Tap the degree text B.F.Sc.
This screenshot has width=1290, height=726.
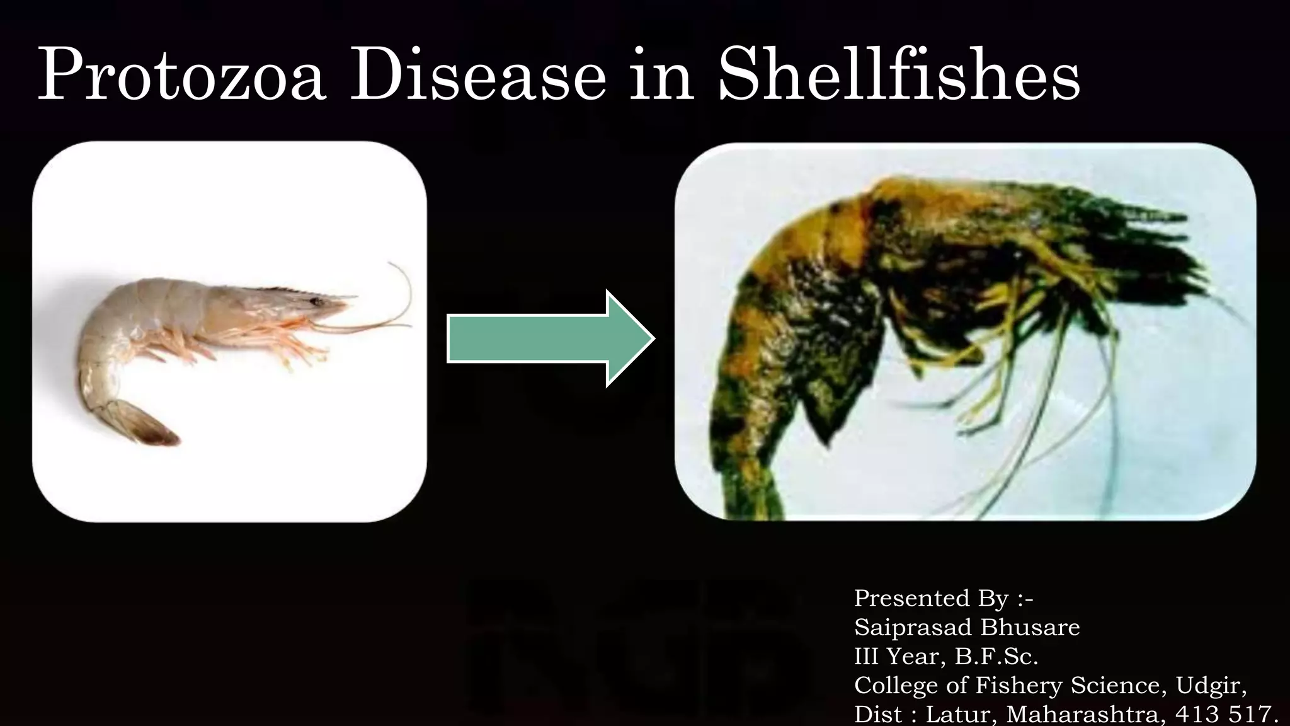(x=996, y=657)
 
